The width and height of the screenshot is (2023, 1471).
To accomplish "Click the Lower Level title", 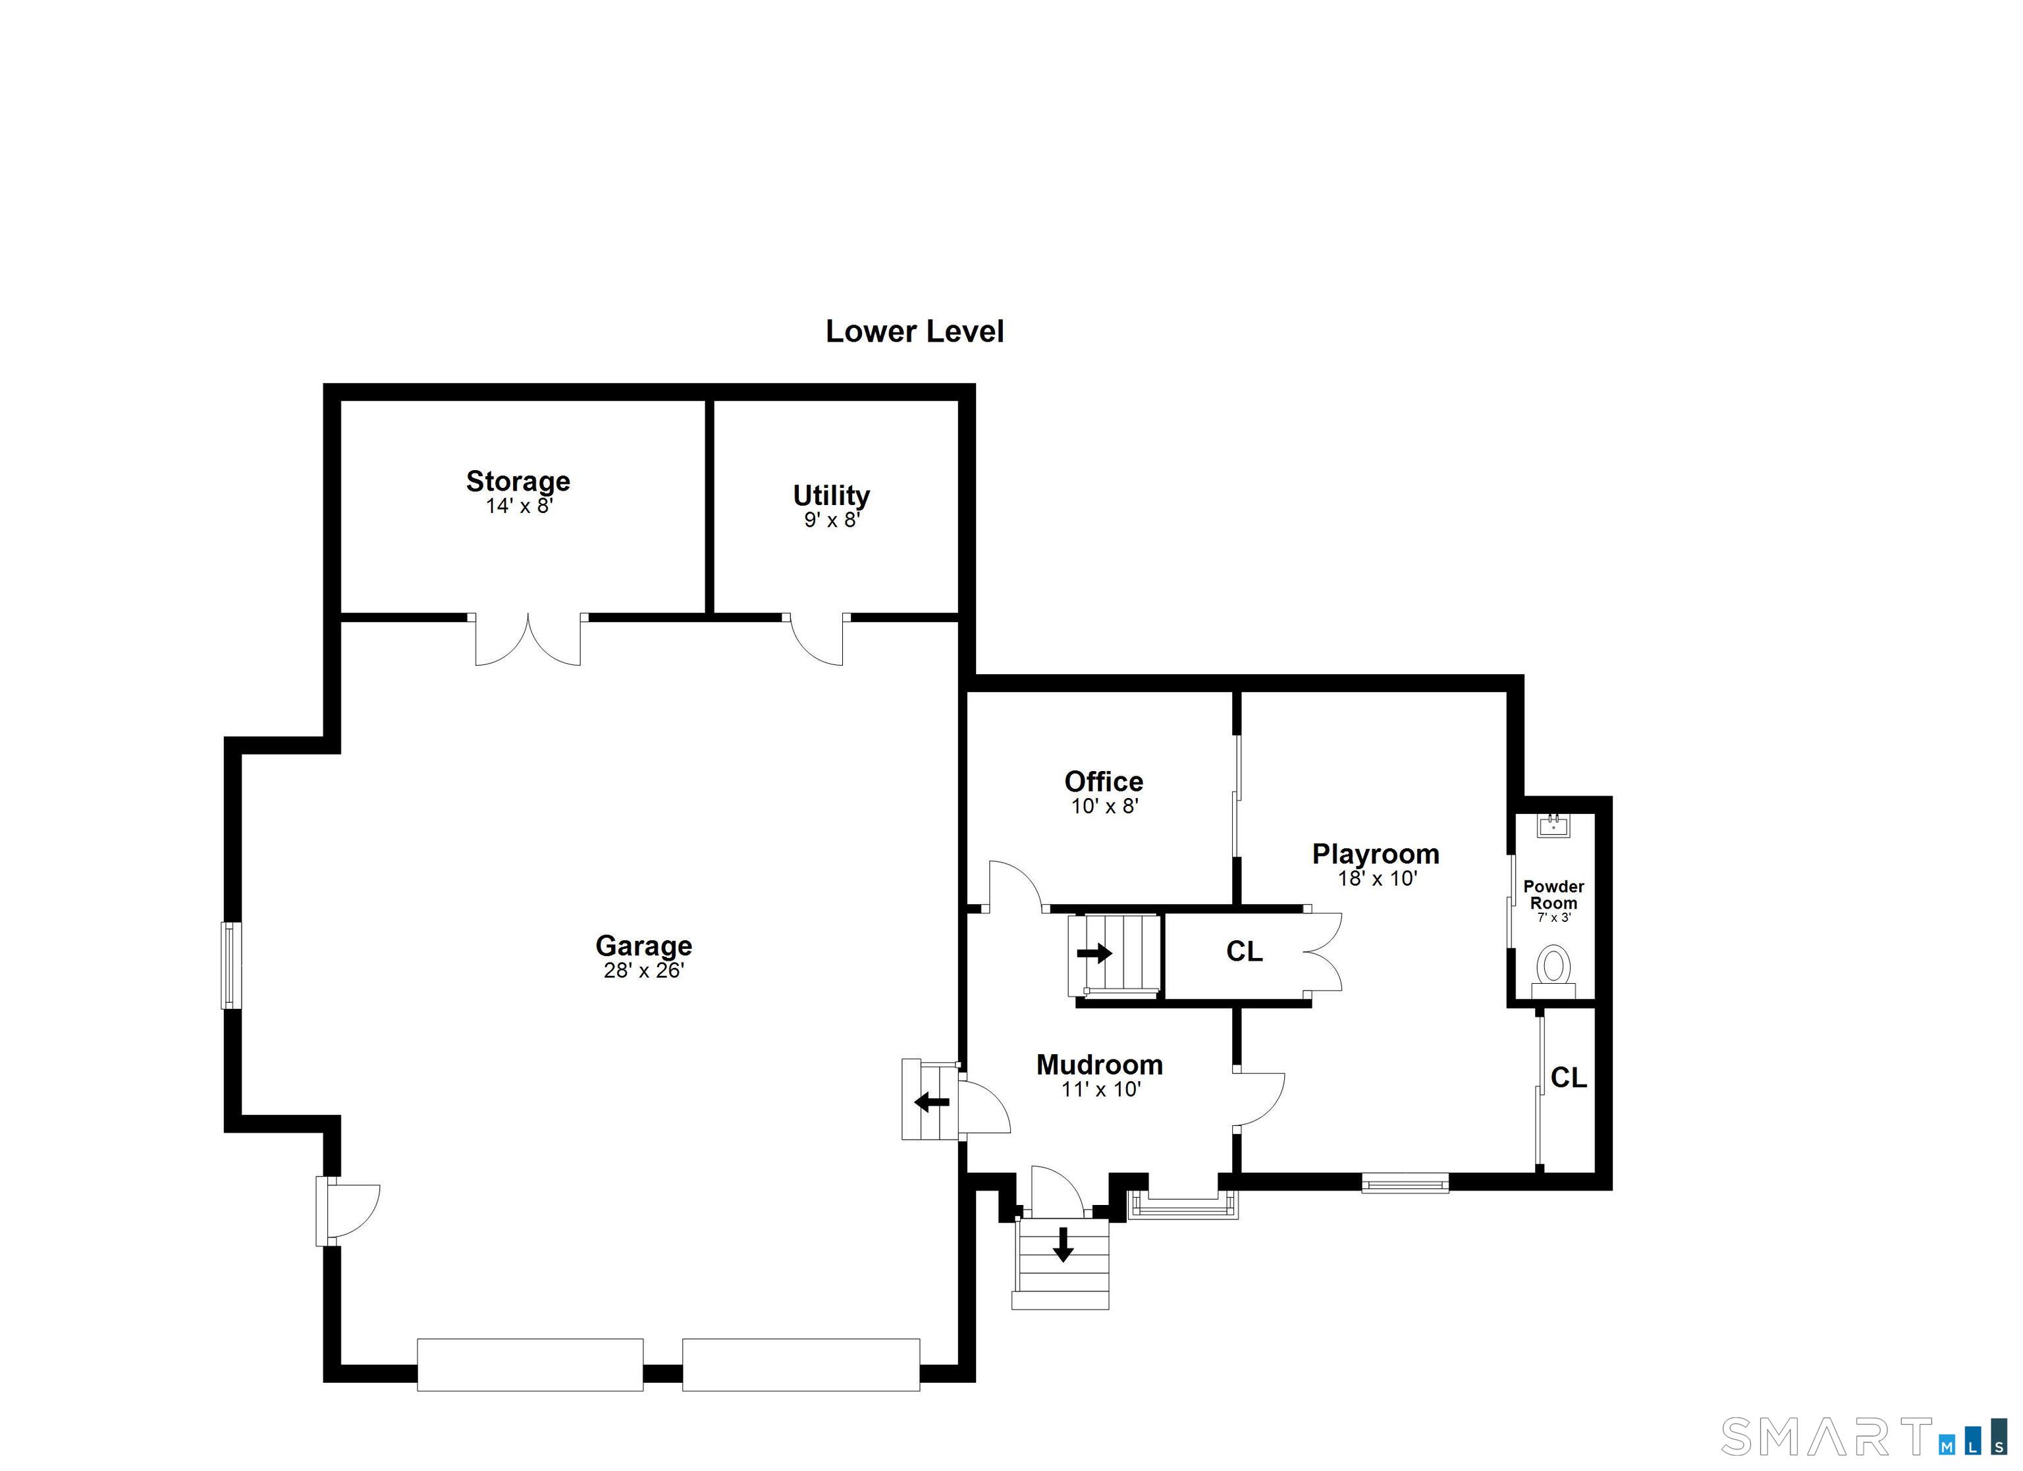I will point(914,332).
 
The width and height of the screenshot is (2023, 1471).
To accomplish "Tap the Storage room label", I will point(518,482).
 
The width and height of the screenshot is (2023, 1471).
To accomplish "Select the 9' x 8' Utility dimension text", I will point(831,520).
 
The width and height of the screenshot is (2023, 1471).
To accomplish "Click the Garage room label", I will point(643,946).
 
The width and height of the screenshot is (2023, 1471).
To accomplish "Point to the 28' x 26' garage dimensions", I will point(643,971).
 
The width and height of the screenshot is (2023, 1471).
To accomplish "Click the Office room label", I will point(1104,782).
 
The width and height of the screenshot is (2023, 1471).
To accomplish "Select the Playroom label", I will point(1376,854).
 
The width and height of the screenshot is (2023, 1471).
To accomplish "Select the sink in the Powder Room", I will point(1553,825).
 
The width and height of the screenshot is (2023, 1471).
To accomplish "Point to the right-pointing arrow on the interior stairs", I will point(1094,953).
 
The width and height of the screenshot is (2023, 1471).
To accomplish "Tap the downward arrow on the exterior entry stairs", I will point(1062,1244).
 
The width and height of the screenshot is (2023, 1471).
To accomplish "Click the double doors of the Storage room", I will point(528,641).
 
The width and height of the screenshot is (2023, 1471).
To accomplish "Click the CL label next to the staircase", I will point(1245,952).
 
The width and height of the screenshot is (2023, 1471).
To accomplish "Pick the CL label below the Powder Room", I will point(1568,1079).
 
